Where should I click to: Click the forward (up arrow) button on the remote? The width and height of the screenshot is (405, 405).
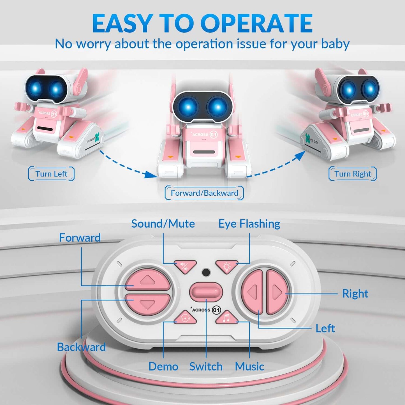[147, 280]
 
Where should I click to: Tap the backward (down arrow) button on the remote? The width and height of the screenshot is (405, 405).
[147, 304]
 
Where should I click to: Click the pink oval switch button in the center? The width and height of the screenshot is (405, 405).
[206, 292]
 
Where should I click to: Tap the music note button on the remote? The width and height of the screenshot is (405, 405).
[226, 318]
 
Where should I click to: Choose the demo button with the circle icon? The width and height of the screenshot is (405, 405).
[185, 318]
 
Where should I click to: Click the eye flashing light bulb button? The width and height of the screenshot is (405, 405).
[226, 266]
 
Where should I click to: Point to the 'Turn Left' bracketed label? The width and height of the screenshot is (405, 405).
[51, 174]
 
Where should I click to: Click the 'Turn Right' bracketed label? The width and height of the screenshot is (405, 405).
[353, 174]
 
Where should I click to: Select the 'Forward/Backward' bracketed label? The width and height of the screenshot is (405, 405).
[204, 193]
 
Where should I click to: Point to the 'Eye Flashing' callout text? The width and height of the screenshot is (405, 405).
[249, 224]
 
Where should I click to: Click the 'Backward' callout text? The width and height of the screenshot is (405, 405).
[81, 347]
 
